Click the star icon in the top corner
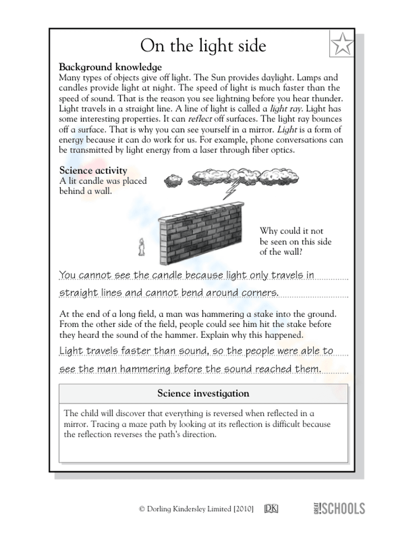[x=342, y=44]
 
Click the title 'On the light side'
[x=203, y=45]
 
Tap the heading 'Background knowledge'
[x=110, y=67]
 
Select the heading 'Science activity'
[x=93, y=170]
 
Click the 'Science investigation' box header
[x=203, y=393]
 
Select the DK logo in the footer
[x=271, y=509]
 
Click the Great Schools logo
[x=339, y=508]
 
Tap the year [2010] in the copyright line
[x=243, y=509]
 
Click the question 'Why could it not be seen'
[x=295, y=241]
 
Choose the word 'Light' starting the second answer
[x=71, y=351]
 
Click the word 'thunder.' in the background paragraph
[x=328, y=98]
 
